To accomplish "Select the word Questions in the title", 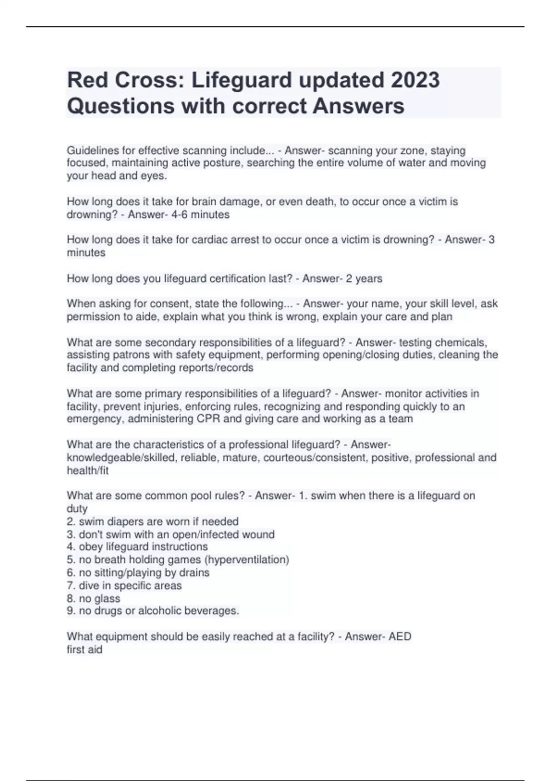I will pyautogui.click(x=120, y=106).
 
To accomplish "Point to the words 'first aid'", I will pyautogui.click(x=84, y=650).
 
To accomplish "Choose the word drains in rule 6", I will pyautogui.click(x=195, y=572).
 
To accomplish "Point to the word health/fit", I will pyautogui.click(x=88, y=470).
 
